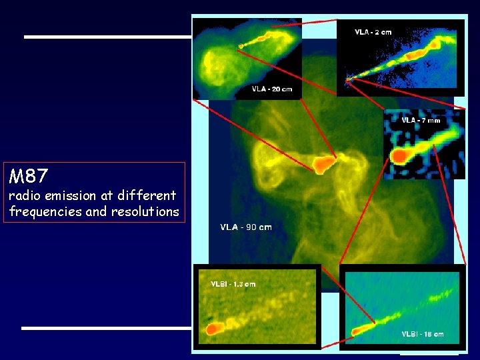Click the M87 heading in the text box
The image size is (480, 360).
tap(29, 177)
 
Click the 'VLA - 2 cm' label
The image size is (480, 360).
tap(373, 31)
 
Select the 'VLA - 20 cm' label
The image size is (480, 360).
tap(271, 89)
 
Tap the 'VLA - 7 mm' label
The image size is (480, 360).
tap(421, 121)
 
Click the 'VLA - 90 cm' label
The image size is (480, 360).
tap(246, 227)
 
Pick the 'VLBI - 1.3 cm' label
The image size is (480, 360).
tap(233, 284)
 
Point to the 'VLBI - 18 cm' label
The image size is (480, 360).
tap(422, 334)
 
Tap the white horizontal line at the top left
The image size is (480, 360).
tap(107, 37)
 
